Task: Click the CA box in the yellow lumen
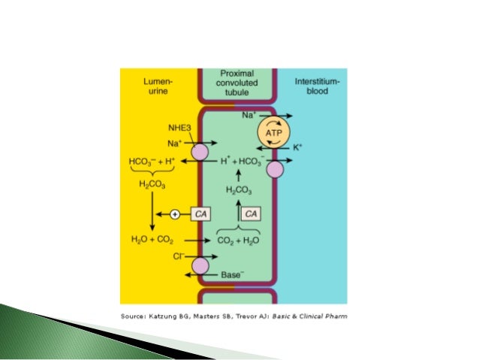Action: [x=200, y=215]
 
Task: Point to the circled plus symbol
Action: [x=175, y=215]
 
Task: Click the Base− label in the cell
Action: [x=230, y=275]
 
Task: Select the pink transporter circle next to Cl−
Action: [x=200, y=265]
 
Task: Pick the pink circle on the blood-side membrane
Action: [x=276, y=171]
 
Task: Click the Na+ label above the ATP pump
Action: [x=249, y=116]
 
